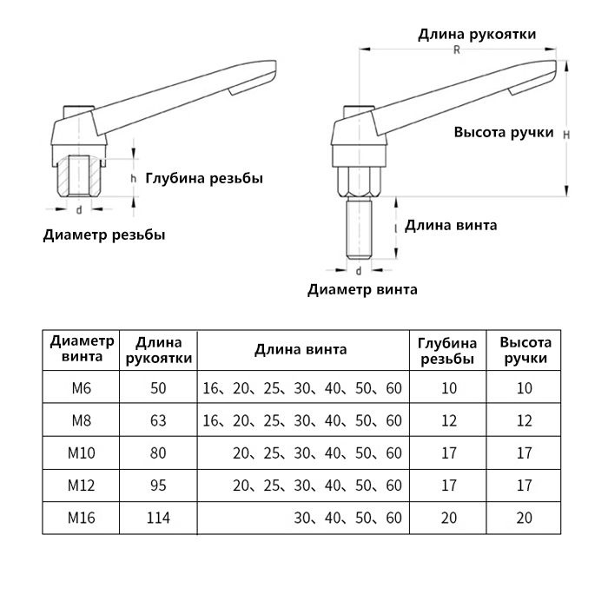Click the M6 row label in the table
pos(82,387)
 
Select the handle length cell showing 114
pos(158,518)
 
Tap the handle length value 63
pos(158,420)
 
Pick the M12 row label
pos(82,485)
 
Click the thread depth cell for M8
pos(449,420)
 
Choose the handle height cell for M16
pos(525,518)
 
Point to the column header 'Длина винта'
pos(301,350)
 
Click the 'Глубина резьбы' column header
pos(447,351)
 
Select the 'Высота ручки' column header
pos(525,350)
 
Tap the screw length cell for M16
pos(347,518)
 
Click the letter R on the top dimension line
pos(457,50)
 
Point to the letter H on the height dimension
pos(566,135)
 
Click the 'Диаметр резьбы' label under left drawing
pos(104,235)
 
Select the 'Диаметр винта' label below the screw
pos(362,289)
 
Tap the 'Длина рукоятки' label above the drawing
pos(477,34)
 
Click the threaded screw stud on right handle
pos(359,228)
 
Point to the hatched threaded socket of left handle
pos(79,175)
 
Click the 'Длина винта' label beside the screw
pos(451,225)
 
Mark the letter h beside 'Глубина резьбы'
pos(134,178)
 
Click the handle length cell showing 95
pos(158,485)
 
